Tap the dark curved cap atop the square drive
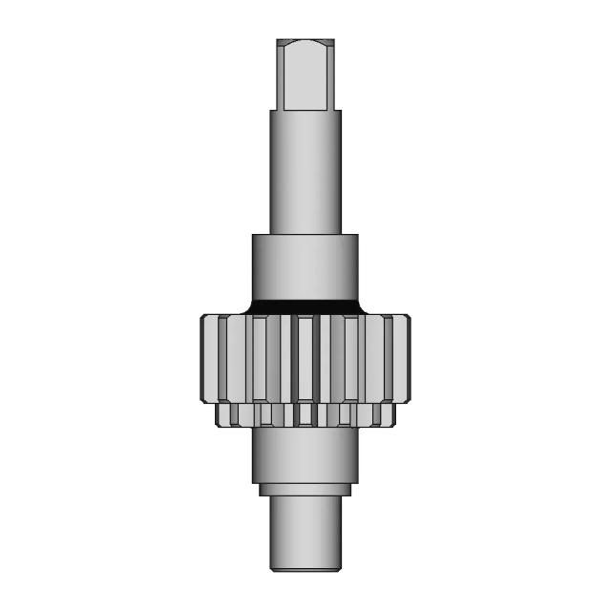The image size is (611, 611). pos(305,44)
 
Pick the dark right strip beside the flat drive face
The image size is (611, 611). pos(330,76)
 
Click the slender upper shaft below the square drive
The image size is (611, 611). pos(305,172)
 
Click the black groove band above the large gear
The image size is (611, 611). pos(305,305)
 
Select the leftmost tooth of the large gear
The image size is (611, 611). pos(209,361)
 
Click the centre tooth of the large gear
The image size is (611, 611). pos(305,361)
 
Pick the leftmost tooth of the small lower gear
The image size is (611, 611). pos(221,414)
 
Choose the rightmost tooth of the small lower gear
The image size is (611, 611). pos(390,414)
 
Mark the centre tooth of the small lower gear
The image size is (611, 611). pos(305,414)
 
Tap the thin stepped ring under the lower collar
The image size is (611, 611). pos(305,490)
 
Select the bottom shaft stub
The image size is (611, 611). pos(305,530)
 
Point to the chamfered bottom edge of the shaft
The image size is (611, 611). pos(305,568)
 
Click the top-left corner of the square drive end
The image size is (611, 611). pos(278,41)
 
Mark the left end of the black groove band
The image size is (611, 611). pos(250,306)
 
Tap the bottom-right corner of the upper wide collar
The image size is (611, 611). pos(358,297)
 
